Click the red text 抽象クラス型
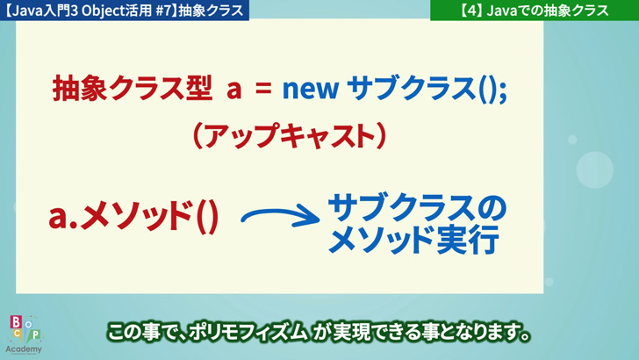133,88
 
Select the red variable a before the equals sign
233,90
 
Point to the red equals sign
263,89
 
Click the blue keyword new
311,90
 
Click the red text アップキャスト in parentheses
290,136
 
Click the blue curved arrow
280,217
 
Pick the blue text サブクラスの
417,207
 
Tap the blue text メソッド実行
413,240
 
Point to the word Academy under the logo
24,349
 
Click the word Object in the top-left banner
103,11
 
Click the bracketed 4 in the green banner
471,11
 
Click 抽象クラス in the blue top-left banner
211,11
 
